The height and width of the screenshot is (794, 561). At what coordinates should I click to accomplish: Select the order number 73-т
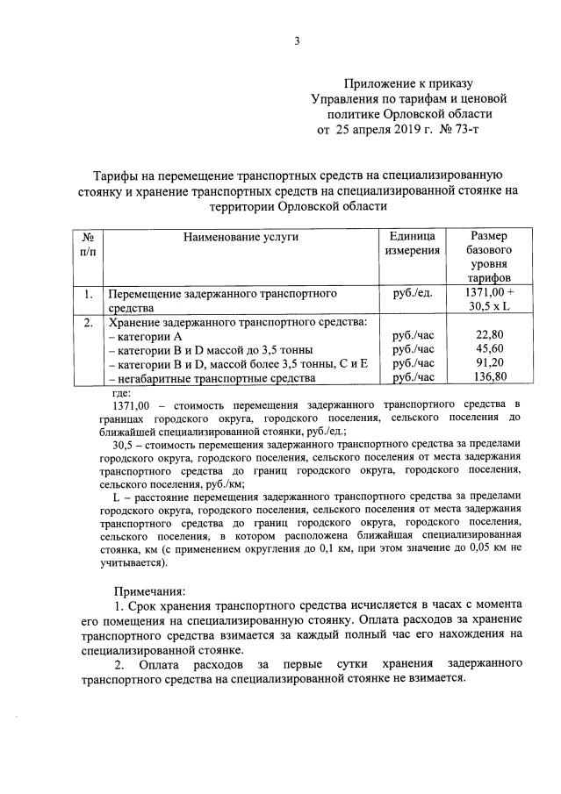(x=466, y=129)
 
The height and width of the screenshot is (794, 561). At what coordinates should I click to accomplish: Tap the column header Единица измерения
(x=412, y=244)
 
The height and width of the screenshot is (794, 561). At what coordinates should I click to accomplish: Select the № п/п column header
(x=87, y=244)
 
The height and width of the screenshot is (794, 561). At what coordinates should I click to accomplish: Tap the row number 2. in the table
(x=87, y=321)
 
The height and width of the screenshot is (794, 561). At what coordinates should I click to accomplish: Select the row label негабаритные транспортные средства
(x=211, y=378)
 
